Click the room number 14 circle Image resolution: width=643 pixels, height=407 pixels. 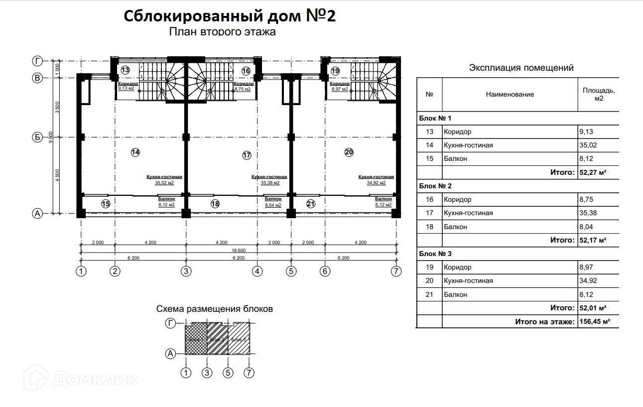(x=135, y=152)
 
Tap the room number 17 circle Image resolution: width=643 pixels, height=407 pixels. (x=247, y=155)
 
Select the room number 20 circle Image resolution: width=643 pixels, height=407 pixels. (x=349, y=152)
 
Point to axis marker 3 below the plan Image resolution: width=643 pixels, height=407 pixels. (x=186, y=271)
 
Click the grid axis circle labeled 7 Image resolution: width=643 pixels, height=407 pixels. (x=396, y=271)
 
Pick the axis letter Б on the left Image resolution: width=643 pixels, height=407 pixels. (x=37, y=137)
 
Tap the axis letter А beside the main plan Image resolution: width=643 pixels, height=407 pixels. (x=37, y=213)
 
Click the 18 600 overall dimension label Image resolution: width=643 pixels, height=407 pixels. (x=238, y=250)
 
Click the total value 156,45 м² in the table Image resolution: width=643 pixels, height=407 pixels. (x=595, y=321)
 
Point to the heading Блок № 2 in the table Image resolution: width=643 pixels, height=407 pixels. (x=435, y=186)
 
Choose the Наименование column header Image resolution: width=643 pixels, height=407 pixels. (x=510, y=94)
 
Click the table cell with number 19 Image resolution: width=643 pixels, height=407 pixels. (x=429, y=267)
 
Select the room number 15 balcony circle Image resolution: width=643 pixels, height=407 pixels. (x=106, y=203)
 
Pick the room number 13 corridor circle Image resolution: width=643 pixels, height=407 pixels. (x=125, y=71)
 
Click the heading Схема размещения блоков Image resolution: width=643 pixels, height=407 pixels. (x=215, y=309)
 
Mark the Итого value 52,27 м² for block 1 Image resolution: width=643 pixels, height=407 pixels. (x=592, y=172)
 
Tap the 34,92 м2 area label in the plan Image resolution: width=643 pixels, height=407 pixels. (x=376, y=183)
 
